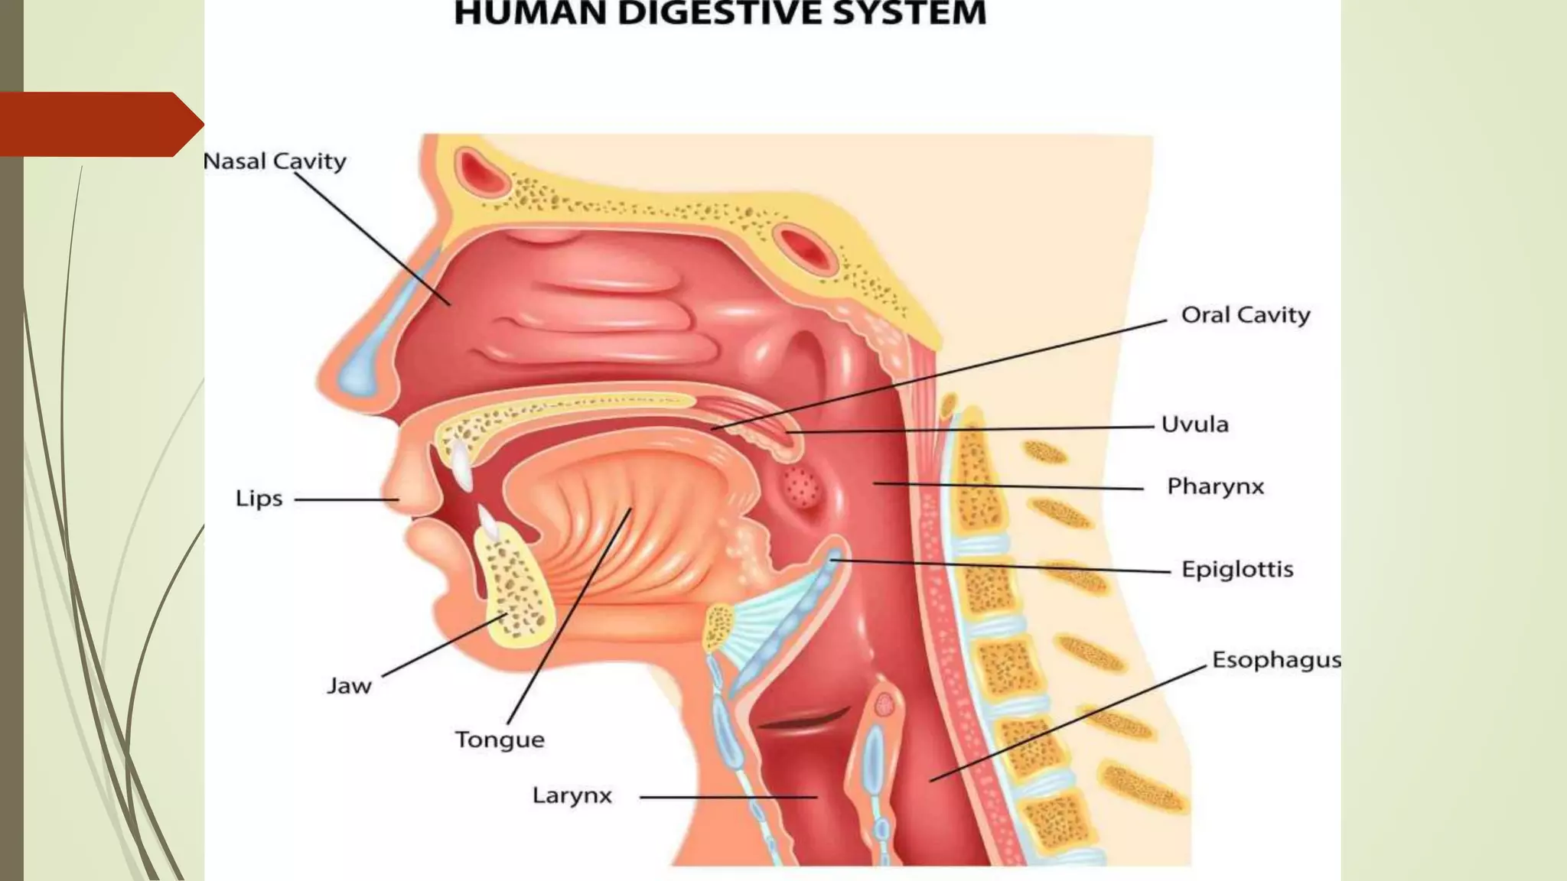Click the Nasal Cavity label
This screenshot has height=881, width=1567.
coord(275,161)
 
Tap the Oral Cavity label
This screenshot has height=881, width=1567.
coord(1245,315)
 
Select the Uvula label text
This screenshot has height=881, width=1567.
coord(1194,424)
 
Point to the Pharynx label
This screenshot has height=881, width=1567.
coord(1215,486)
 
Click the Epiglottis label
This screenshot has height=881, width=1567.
coord(1236,569)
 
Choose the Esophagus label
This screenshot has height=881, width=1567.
coord(1275,660)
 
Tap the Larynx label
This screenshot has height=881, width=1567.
coord(572,796)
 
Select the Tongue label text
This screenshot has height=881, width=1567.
coord(500,740)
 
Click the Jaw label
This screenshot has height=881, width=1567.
coord(349,685)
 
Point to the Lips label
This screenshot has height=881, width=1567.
coord(259,499)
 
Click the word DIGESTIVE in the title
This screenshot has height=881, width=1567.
coord(719,15)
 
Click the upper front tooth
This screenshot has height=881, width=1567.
coord(461,464)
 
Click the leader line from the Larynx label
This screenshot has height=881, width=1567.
coord(727,797)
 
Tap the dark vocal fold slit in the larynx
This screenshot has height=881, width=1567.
coord(803,719)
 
